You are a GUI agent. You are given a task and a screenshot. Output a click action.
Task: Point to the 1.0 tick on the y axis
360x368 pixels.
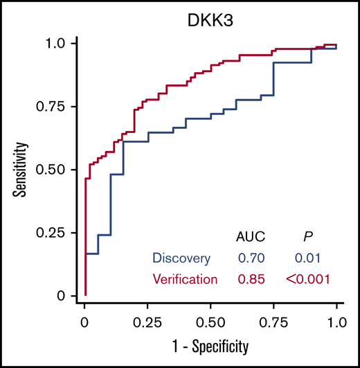58,43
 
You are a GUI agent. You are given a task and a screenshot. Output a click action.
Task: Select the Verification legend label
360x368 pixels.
185,279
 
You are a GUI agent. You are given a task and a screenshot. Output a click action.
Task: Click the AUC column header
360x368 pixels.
251,236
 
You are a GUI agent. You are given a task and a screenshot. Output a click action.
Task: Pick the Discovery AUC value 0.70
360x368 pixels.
251,259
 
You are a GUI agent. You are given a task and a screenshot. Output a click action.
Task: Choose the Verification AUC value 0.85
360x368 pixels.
251,279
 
